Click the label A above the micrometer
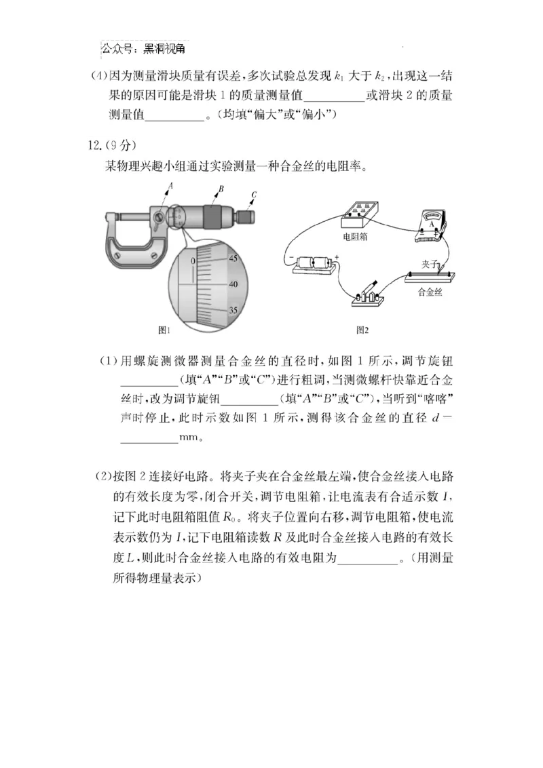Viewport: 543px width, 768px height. (171, 185)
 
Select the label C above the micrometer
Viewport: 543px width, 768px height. (254, 195)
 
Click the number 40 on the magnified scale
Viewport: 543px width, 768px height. (233, 284)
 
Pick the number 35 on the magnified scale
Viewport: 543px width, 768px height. (233, 310)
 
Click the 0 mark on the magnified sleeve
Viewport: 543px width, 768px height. (193, 261)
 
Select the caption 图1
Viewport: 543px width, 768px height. (164, 330)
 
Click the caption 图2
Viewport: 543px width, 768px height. (362, 330)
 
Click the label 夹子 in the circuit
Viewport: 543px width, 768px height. (430, 263)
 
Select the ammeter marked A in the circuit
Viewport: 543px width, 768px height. (430, 225)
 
